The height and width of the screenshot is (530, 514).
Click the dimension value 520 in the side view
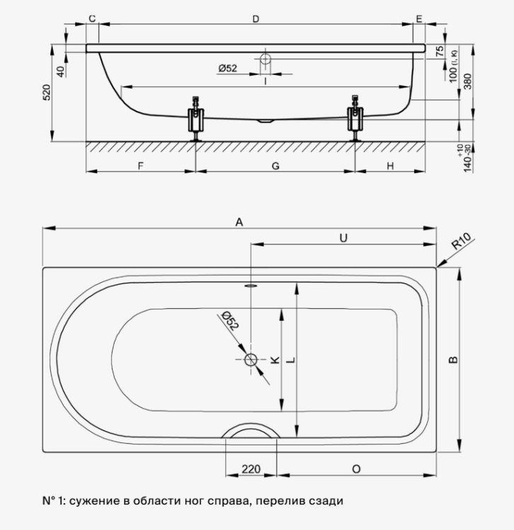[x=47, y=93]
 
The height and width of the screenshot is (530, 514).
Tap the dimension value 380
[x=467, y=81]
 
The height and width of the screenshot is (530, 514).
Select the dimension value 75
[x=440, y=51]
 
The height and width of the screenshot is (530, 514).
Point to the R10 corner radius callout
[x=462, y=242]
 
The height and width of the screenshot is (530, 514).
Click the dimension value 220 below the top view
[x=251, y=469]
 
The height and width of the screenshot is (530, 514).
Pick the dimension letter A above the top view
[x=239, y=222]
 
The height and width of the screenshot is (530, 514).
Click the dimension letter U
[x=343, y=238]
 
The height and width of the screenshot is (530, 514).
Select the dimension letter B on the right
[x=453, y=360]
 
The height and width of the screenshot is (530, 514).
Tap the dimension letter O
[x=356, y=469]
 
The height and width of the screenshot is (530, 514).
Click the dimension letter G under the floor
[x=275, y=166]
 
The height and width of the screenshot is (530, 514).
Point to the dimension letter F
[x=140, y=166]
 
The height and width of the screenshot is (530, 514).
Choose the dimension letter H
[x=390, y=166]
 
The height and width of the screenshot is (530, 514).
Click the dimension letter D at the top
[x=256, y=19]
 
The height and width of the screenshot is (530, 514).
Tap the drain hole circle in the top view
[x=251, y=360]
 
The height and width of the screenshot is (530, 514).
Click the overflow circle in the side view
[x=265, y=59]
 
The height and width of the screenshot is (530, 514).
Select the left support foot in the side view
[x=196, y=119]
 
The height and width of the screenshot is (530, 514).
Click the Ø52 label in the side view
[x=227, y=69]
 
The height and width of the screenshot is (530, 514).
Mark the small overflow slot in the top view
[x=251, y=285]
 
